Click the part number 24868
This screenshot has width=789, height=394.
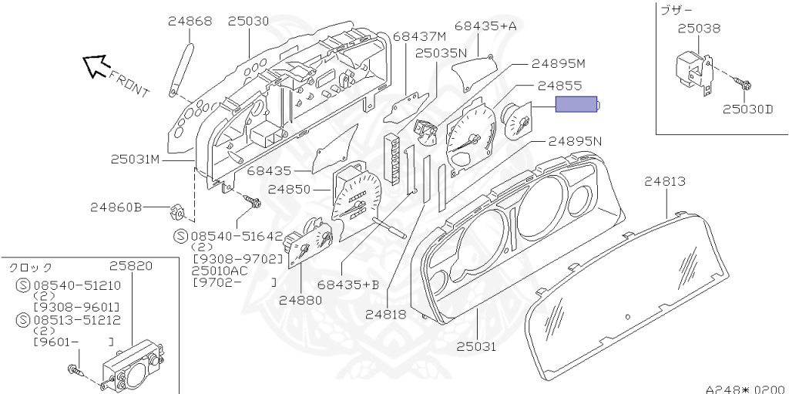click(x=190, y=22)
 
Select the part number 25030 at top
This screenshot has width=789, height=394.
click(x=248, y=22)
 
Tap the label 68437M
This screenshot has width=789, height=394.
click(x=419, y=37)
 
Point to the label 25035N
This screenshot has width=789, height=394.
click(x=441, y=53)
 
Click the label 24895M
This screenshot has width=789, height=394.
click(x=559, y=63)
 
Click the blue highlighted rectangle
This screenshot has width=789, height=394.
click(x=578, y=104)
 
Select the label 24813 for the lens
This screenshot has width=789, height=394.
click(x=665, y=182)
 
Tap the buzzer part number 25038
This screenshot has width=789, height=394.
click(x=699, y=29)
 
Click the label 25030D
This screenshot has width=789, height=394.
click(x=747, y=109)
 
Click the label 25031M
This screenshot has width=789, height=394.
click(x=135, y=159)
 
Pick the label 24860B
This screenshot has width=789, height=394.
click(x=116, y=207)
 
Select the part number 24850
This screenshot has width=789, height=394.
click(x=290, y=189)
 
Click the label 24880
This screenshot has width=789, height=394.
click(x=300, y=300)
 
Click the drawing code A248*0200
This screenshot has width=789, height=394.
click(x=744, y=389)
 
